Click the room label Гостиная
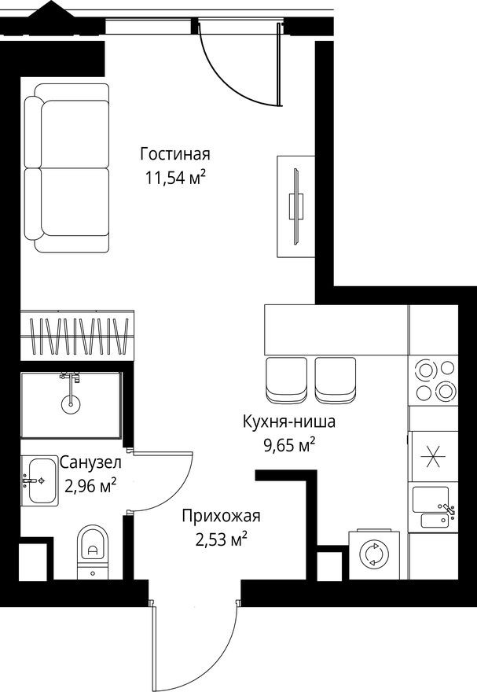coord(175,153)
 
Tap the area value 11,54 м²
coord(175,177)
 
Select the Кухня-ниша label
coord(288,421)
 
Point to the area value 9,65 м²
coord(288,446)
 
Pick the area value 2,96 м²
coord(90,485)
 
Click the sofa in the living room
coord(66,175)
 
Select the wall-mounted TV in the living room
coord(295,206)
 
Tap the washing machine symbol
coord(372,554)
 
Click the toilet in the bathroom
coord(92,547)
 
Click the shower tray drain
coord(70,406)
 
